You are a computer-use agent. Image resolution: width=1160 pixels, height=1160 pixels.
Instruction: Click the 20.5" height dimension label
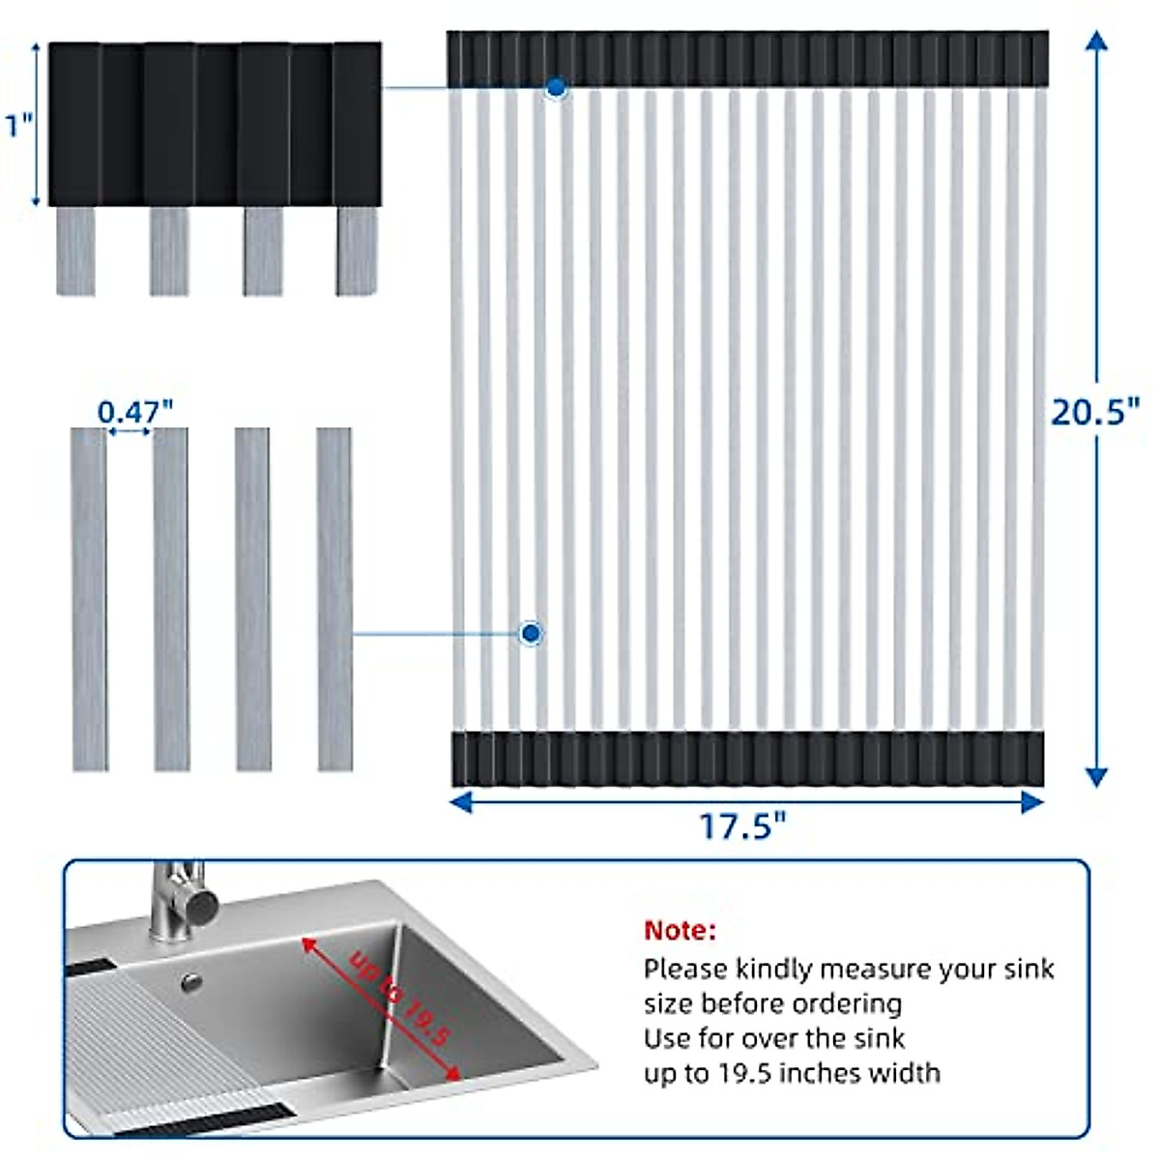pyautogui.click(x=1095, y=412)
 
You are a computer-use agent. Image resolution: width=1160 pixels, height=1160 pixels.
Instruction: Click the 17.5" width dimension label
pyautogui.click(x=742, y=826)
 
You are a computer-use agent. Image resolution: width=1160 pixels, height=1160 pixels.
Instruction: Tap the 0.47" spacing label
pyautogui.click(x=135, y=412)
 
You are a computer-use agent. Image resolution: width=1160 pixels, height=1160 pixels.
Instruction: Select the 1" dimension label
pyautogui.click(x=19, y=126)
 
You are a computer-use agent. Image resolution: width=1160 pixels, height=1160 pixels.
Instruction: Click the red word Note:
pyautogui.click(x=681, y=931)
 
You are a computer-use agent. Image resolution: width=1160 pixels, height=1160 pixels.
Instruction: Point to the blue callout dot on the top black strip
pyautogui.click(x=556, y=88)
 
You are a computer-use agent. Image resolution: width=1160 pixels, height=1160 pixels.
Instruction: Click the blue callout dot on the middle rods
pyautogui.click(x=531, y=633)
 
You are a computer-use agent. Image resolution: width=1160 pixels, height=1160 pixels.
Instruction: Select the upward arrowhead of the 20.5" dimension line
pyautogui.click(x=1095, y=41)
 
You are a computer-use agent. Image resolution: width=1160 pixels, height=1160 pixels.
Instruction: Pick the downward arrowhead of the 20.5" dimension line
pyautogui.click(x=1095, y=776)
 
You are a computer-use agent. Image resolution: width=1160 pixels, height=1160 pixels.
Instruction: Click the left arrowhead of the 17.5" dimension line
pyautogui.click(x=462, y=800)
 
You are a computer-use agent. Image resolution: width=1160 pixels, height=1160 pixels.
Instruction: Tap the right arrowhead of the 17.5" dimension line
pyautogui.click(x=1032, y=800)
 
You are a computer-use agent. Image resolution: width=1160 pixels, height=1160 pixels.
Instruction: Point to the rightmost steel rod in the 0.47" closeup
pyautogui.click(x=334, y=599)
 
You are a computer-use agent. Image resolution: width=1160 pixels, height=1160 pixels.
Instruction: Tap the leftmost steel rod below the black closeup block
pyautogui.click(x=75, y=251)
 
